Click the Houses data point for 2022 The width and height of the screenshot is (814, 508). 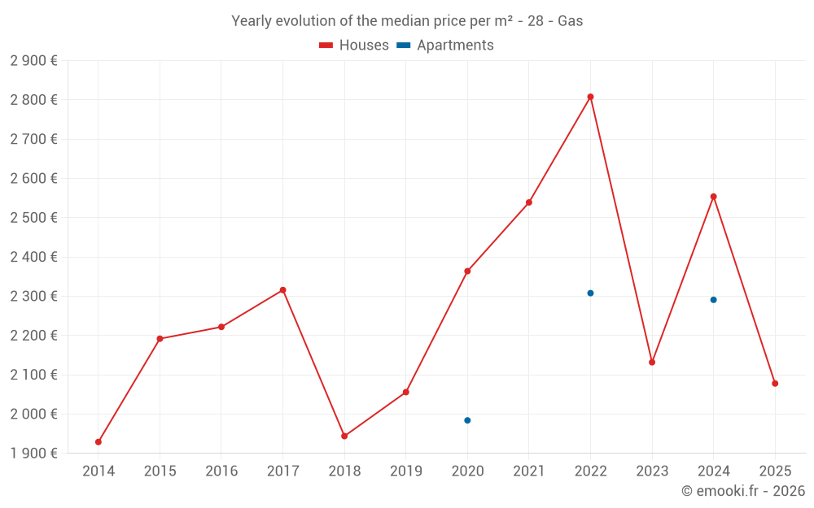pyautogui.click(x=590, y=97)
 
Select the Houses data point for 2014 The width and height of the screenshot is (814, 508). pyautogui.click(x=98, y=442)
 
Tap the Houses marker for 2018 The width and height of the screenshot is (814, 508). pyautogui.click(x=344, y=436)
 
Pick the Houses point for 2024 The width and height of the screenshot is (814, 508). pyautogui.click(x=713, y=197)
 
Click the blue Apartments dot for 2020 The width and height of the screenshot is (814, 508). pyautogui.click(x=467, y=420)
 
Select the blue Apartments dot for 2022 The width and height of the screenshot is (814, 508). pyautogui.click(x=590, y=293)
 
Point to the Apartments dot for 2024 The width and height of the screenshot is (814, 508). pyautogui.click(x=713, y=300)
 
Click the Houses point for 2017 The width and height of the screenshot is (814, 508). pyautogui.click(x=282, y=290)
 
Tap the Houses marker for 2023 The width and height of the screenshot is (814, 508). pyautogui.click(x=652, y=363)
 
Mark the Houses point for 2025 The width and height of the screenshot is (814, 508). pyautogui.click(x=775, y=384)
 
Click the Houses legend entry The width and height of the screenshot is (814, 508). pyautogui.click(x=354, y=46)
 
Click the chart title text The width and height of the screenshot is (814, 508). pyautogui.click(x=407, y=21)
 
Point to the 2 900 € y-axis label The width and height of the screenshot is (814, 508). pyautogui.click(x=33, y=61)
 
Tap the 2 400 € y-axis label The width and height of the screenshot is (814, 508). pyautogui.click(x=33, y=257)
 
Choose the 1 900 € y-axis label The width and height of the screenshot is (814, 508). pyautogui.click(x=33, y=454)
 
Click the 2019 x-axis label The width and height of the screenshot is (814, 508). pyautogui.click(x=405, y=471)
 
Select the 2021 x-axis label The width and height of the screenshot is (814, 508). pyautogui.click(x=528, y=471)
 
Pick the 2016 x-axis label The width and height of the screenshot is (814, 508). pyautogui.click(x=221, y=471)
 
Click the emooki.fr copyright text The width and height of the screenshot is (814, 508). pyautogui.click(x=742, y=491)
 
